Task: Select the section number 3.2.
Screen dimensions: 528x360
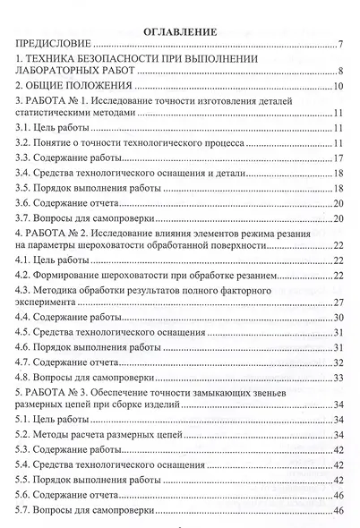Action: click(x=24, y=143)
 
